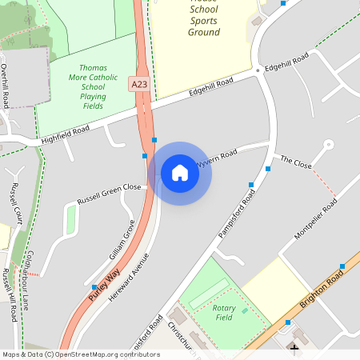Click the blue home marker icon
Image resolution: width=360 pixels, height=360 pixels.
click(180, 173)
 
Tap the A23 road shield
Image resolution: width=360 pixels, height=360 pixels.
click(138, 82)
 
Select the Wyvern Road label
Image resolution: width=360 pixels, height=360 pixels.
click(217, 156)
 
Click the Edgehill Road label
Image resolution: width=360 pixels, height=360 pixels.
click(210, 87)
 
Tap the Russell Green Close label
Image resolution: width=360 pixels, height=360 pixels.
click(109, 193)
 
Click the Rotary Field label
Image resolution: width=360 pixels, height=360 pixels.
click(230, 312)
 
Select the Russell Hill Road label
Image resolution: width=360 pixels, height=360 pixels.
click(10, 294)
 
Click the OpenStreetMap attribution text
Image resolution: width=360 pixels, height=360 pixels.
click(80, 354)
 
